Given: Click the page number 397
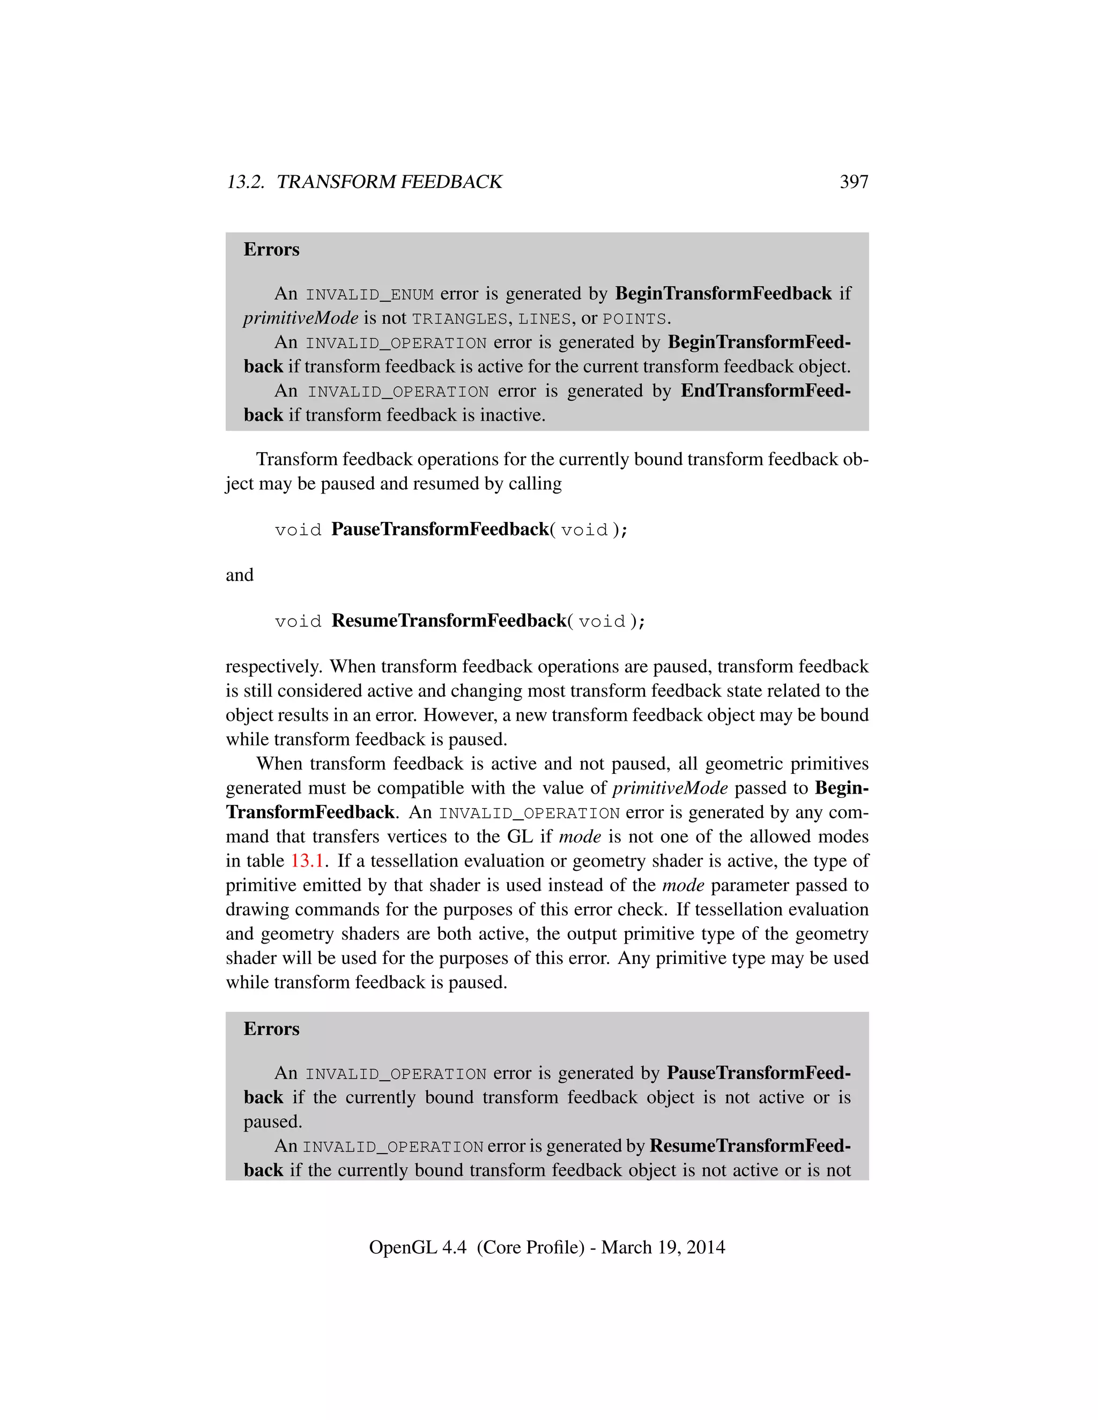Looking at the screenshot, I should pos(854,182).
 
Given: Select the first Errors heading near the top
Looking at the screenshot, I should pos(271,250).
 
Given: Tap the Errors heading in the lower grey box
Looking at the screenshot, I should pos(271,1029).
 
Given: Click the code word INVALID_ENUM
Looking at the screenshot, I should pos(369,295).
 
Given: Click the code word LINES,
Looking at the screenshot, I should pos(547,319).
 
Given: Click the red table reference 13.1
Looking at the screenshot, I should pos(307,861).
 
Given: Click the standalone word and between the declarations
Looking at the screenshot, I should pos(239,575).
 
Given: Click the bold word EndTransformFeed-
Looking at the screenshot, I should pos(765,391).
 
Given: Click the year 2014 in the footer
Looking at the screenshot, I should pos(705,1247).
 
